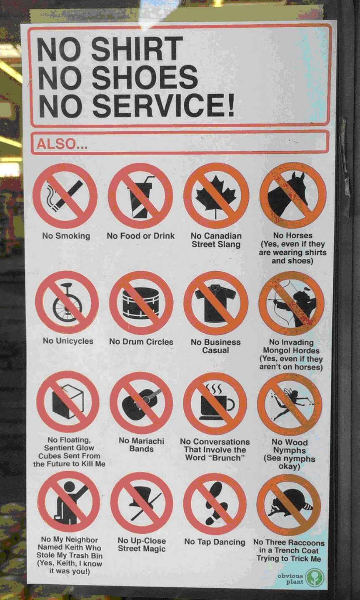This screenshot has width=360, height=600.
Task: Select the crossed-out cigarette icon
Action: (65, 196)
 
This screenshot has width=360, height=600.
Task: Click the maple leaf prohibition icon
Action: (216, 196)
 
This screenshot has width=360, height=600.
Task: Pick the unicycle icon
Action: (67, 302)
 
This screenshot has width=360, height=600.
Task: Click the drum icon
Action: (141, 302)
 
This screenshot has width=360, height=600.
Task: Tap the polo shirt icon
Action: (215, 302)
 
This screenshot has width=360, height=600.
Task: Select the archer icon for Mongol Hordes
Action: (291, 303)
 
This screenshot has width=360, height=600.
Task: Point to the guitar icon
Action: (141, 402)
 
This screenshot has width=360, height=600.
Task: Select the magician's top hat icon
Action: (142, 503)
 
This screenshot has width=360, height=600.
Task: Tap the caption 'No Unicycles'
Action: (68, 341)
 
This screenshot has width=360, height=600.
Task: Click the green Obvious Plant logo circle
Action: (314, 578)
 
